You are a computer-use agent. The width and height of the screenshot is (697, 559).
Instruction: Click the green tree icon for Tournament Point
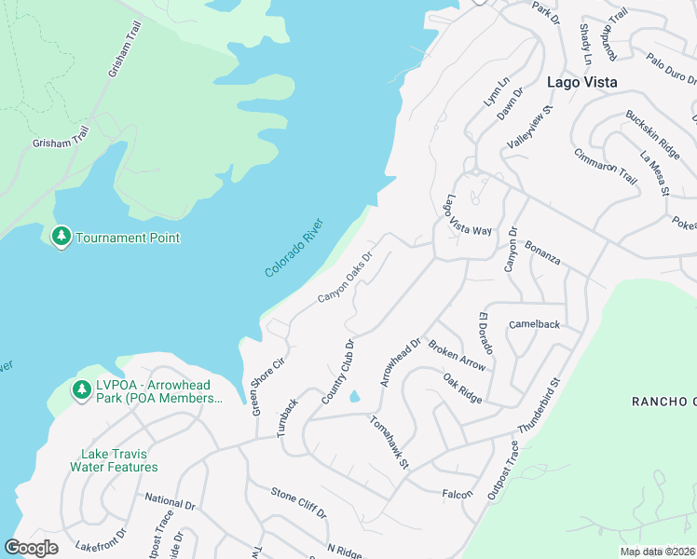point(61,237)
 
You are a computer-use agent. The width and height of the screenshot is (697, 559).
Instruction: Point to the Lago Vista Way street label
point(468,217)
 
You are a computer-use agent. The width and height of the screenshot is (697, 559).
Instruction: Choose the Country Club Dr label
point(338,371)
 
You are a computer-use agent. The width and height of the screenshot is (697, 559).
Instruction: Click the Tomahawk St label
point(389,443)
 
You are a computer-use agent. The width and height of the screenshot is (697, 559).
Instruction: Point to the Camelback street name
point(534,324)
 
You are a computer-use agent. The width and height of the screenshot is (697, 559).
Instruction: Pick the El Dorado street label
point(490,335)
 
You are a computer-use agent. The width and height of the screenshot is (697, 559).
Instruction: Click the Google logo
point(31,548)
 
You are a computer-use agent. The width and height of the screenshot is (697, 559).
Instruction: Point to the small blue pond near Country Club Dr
point(355,397)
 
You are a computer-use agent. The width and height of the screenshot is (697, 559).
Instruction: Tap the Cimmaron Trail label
point(606,166)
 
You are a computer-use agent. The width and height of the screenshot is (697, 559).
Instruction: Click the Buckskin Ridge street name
point(652,133)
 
